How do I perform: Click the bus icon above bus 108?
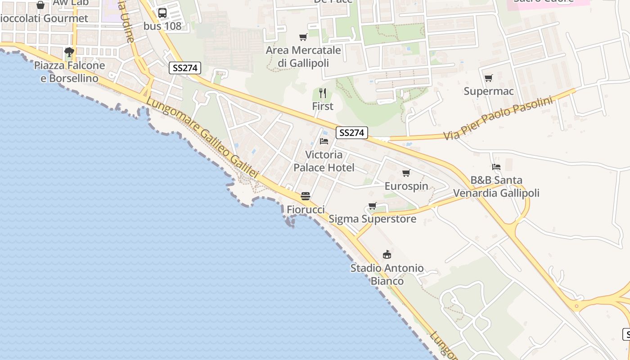tap(162, 13)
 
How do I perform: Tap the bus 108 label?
tap(162, 26)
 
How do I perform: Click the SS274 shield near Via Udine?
tap(185, 68)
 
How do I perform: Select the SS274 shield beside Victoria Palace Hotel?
tap(352, 133)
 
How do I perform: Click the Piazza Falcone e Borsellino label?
tap(69, 72)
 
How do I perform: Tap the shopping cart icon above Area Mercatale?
tap(303, 37)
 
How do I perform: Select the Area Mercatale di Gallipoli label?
tap(303, 57)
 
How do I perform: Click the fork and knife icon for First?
tap(323, 93)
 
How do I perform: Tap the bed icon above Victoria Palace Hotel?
tap(324, 141)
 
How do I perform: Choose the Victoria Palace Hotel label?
tap(324, 161)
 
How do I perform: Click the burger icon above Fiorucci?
tap(306, 196)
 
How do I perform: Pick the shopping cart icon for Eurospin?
tap(406, 173)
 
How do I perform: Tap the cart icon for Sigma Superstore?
tap(372, 206)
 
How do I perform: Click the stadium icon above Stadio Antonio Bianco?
tap(387, 255)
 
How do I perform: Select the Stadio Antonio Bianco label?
tap(387, 274)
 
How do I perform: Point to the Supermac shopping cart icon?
tap(489, 78)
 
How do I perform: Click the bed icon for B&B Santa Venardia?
tap(496, 167)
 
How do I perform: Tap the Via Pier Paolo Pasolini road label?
tap(498, 118)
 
